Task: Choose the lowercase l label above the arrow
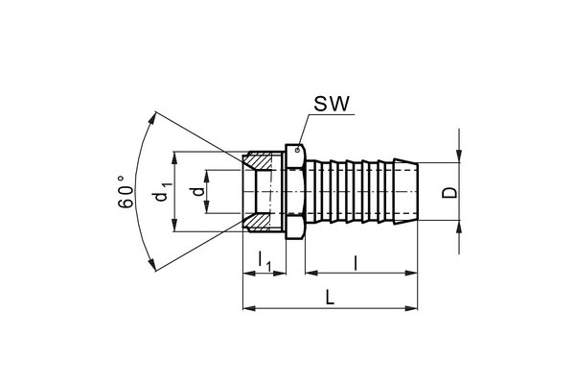(356, 258)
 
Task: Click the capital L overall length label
(330, 297)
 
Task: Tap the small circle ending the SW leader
(299, 147)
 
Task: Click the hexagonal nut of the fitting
(294, 192)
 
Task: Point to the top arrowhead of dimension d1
(173, 156)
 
